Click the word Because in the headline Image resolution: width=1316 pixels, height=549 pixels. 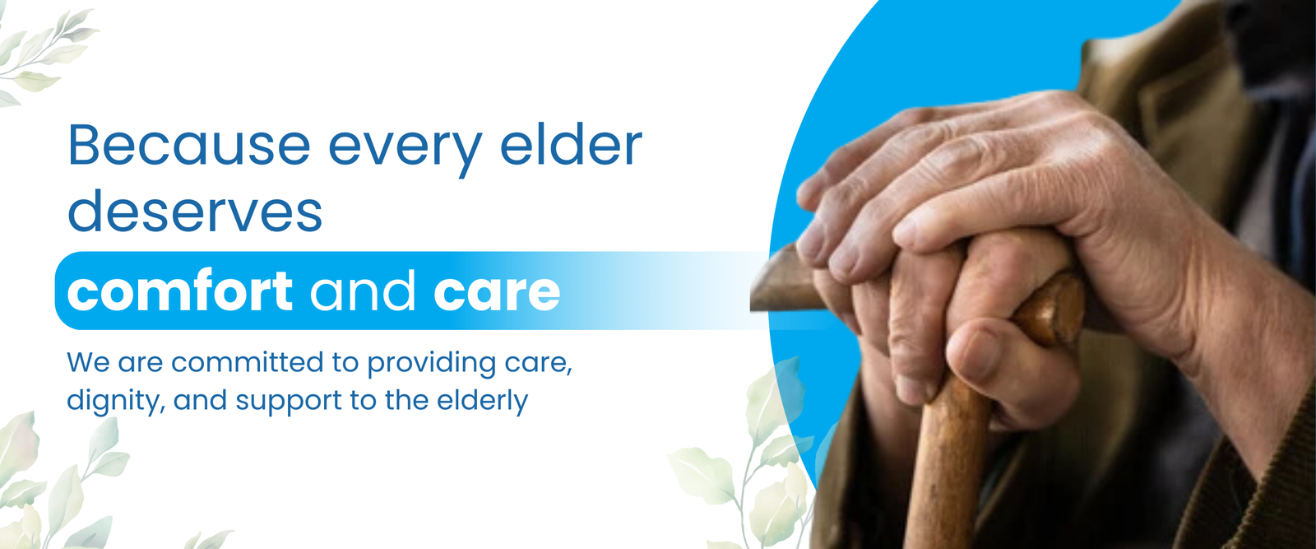tap(189, 145)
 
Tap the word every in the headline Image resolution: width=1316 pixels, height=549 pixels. tap(405, 151)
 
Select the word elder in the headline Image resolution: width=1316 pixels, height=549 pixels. tap(571, 145)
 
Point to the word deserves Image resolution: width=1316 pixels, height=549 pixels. tap(195, 211)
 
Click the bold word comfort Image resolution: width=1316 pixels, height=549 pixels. tap(180, 291)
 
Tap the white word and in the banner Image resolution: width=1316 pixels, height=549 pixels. tap(363, 291)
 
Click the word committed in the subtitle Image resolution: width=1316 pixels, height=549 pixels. tap(248, 362)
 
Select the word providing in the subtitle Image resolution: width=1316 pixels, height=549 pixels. tap(432, 363)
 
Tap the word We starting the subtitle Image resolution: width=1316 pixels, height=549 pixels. tap(88, 363)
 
